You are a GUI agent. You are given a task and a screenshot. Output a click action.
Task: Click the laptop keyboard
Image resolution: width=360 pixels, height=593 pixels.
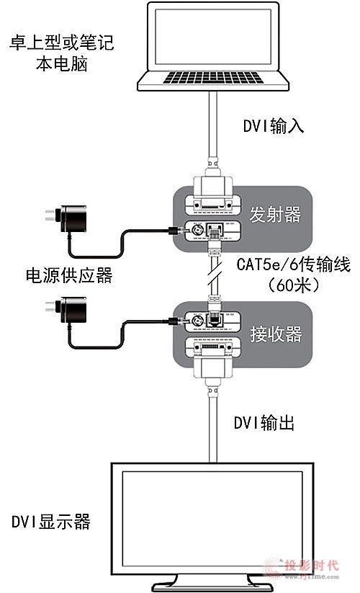tap(213, 77)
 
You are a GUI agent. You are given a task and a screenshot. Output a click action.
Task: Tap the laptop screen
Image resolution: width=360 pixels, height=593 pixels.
tap(213, 37)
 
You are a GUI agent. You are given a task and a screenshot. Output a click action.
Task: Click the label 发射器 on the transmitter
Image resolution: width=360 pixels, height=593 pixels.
tap(275, 215)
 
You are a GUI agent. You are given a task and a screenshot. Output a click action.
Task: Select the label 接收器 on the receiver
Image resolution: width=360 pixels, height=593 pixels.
tap(276, 334)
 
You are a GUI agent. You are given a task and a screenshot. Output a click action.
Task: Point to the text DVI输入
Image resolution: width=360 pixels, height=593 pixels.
tap(273, 125)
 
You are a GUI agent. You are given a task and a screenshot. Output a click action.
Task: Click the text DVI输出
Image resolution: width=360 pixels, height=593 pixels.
tap(264, 423)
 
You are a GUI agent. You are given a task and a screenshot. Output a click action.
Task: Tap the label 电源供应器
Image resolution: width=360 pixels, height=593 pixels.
tap(69, 275)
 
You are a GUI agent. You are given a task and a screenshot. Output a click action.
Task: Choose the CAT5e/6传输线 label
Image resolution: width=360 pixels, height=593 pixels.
tap(294, 264)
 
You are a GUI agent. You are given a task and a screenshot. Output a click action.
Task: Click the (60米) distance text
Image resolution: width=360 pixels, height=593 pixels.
tap(294, 285)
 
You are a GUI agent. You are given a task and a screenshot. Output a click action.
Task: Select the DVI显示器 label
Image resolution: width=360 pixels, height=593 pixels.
tap(51, 522)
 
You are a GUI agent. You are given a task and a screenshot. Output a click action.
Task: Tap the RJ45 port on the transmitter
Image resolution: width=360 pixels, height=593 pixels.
tap(215, 230)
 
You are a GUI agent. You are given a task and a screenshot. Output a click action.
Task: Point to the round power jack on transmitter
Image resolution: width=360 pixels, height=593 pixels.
tap(197, 230)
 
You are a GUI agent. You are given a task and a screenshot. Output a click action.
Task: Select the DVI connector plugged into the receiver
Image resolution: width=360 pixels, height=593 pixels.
tap(213, 366)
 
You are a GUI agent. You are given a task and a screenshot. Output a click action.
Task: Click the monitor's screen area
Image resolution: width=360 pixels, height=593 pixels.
tap(212, 519)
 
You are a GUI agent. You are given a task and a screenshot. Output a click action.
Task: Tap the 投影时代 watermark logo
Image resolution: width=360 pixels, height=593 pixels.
tap(302, 568)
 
